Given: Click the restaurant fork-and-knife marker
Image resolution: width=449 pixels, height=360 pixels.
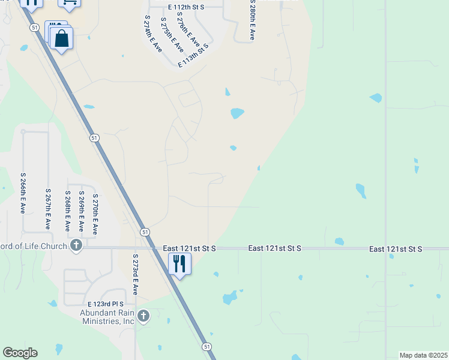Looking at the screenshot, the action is tap(179, 263).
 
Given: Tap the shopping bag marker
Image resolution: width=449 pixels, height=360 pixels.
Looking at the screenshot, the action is tap(61, 39).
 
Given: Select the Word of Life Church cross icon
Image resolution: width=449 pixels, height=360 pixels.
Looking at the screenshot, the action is tap(76, 245).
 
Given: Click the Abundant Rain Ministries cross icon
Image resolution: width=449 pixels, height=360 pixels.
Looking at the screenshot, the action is tap(143, 316).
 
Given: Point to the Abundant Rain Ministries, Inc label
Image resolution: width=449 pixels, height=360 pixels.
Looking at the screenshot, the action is tap(107, 317).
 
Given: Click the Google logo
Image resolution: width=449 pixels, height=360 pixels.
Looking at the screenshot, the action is tap(20, 352).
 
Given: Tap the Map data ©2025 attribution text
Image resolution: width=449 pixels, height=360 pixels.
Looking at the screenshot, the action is tap(423, 355).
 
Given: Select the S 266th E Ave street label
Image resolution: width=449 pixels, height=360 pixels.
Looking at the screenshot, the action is tap(22, 193).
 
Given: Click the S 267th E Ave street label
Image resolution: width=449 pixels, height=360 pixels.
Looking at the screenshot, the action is tap(48, 208).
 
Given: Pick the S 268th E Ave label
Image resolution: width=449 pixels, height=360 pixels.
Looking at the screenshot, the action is tap(68, 211).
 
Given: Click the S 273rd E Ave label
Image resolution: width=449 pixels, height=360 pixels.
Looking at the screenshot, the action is tap(136, 274).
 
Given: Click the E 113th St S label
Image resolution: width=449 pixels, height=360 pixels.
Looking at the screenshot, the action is tap(193, 55).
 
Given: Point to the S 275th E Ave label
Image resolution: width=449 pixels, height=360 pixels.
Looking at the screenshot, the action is tap(171, 35).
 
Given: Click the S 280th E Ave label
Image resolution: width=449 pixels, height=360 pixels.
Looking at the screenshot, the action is tap(252, 20).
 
